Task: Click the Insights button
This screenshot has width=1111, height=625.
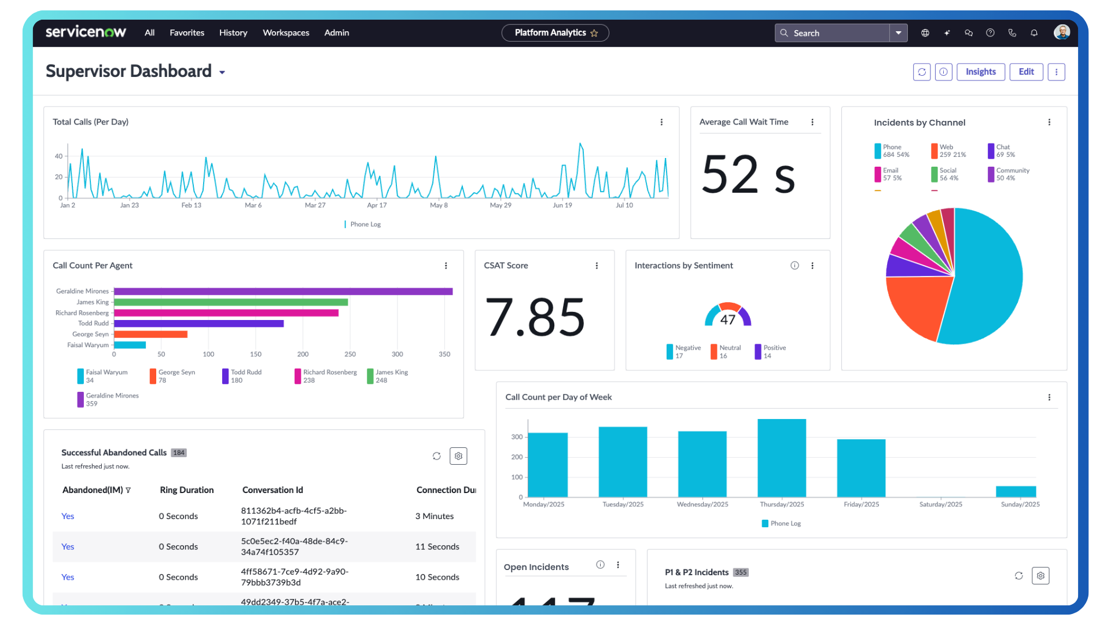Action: pos(980,72)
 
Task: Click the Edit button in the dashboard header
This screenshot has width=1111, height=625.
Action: pos(1026,72)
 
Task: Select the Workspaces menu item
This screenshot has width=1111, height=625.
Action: pos(286,33)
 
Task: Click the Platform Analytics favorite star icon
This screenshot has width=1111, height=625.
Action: pos(594,34)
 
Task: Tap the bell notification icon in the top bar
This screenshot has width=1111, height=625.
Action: pos(1034,33)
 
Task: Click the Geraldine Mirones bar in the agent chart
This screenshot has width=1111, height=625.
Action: pos(283,291)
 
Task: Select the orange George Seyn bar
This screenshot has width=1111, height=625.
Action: pos(150,334)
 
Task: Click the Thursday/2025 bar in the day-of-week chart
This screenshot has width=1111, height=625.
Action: pos(781,457)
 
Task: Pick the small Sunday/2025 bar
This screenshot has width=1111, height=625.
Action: pos(1016,491)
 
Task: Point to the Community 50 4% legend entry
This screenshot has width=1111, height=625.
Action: pos(1011,174)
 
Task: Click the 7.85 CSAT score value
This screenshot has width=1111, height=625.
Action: pos(535,317)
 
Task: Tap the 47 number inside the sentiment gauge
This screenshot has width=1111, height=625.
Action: pos(727,320)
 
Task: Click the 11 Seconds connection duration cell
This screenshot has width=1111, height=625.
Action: pos(437,547)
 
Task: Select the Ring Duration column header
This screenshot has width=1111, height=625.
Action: pos(186,490)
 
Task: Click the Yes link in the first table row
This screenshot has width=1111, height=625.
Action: pos(68,516)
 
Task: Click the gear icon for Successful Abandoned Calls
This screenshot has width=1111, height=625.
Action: pos(458,456)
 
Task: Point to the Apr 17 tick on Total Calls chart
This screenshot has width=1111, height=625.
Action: pos(377,205)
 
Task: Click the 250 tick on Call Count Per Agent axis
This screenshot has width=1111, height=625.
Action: pos(350,354)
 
